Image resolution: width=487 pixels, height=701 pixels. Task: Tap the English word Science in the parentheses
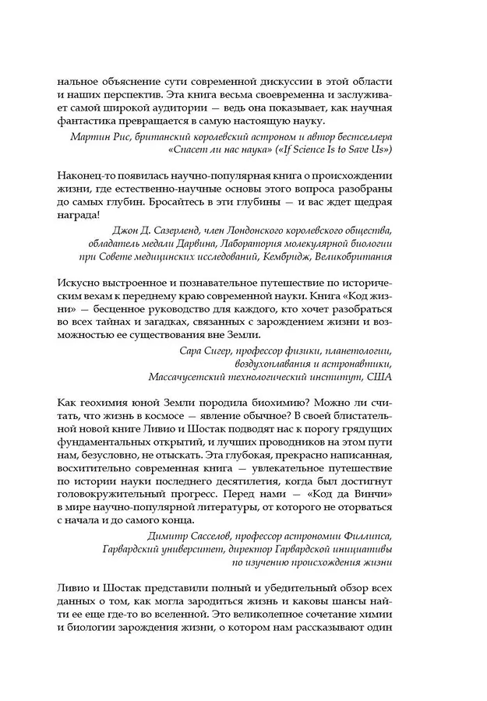tap(316, 149)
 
